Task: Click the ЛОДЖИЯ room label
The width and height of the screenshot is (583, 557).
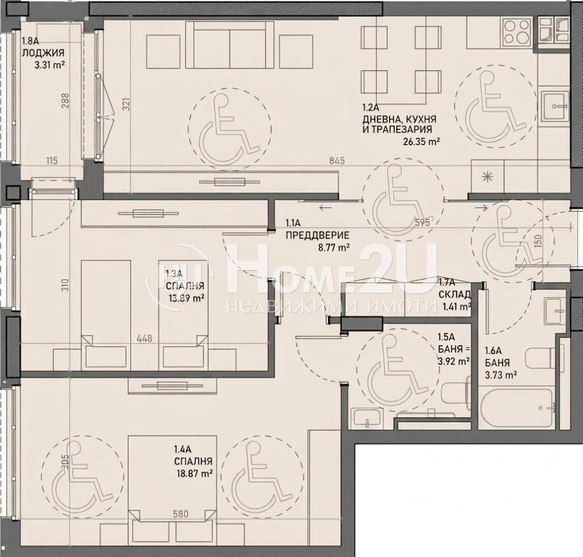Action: (x=43, y=52)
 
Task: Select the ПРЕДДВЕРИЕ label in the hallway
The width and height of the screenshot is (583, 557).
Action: (x=318, y=235)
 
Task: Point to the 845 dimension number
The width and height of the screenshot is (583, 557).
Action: (x=337, y=161)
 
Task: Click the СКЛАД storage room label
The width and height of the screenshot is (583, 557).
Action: (x=455, y=295)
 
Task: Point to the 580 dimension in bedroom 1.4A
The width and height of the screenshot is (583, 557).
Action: (x=181, y=515)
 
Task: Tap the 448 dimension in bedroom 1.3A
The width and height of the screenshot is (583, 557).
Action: (x=144, y=339)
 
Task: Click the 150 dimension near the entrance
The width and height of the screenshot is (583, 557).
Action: (x=540, y=241)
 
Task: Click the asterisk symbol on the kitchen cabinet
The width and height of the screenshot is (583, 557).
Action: (x=486, y=177)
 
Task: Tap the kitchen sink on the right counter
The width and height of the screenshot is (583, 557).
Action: (x=556, y=106)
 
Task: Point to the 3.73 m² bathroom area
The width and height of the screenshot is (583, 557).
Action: (x=501, y=375)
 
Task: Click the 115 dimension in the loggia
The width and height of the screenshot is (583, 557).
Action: (x=52, y=161)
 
